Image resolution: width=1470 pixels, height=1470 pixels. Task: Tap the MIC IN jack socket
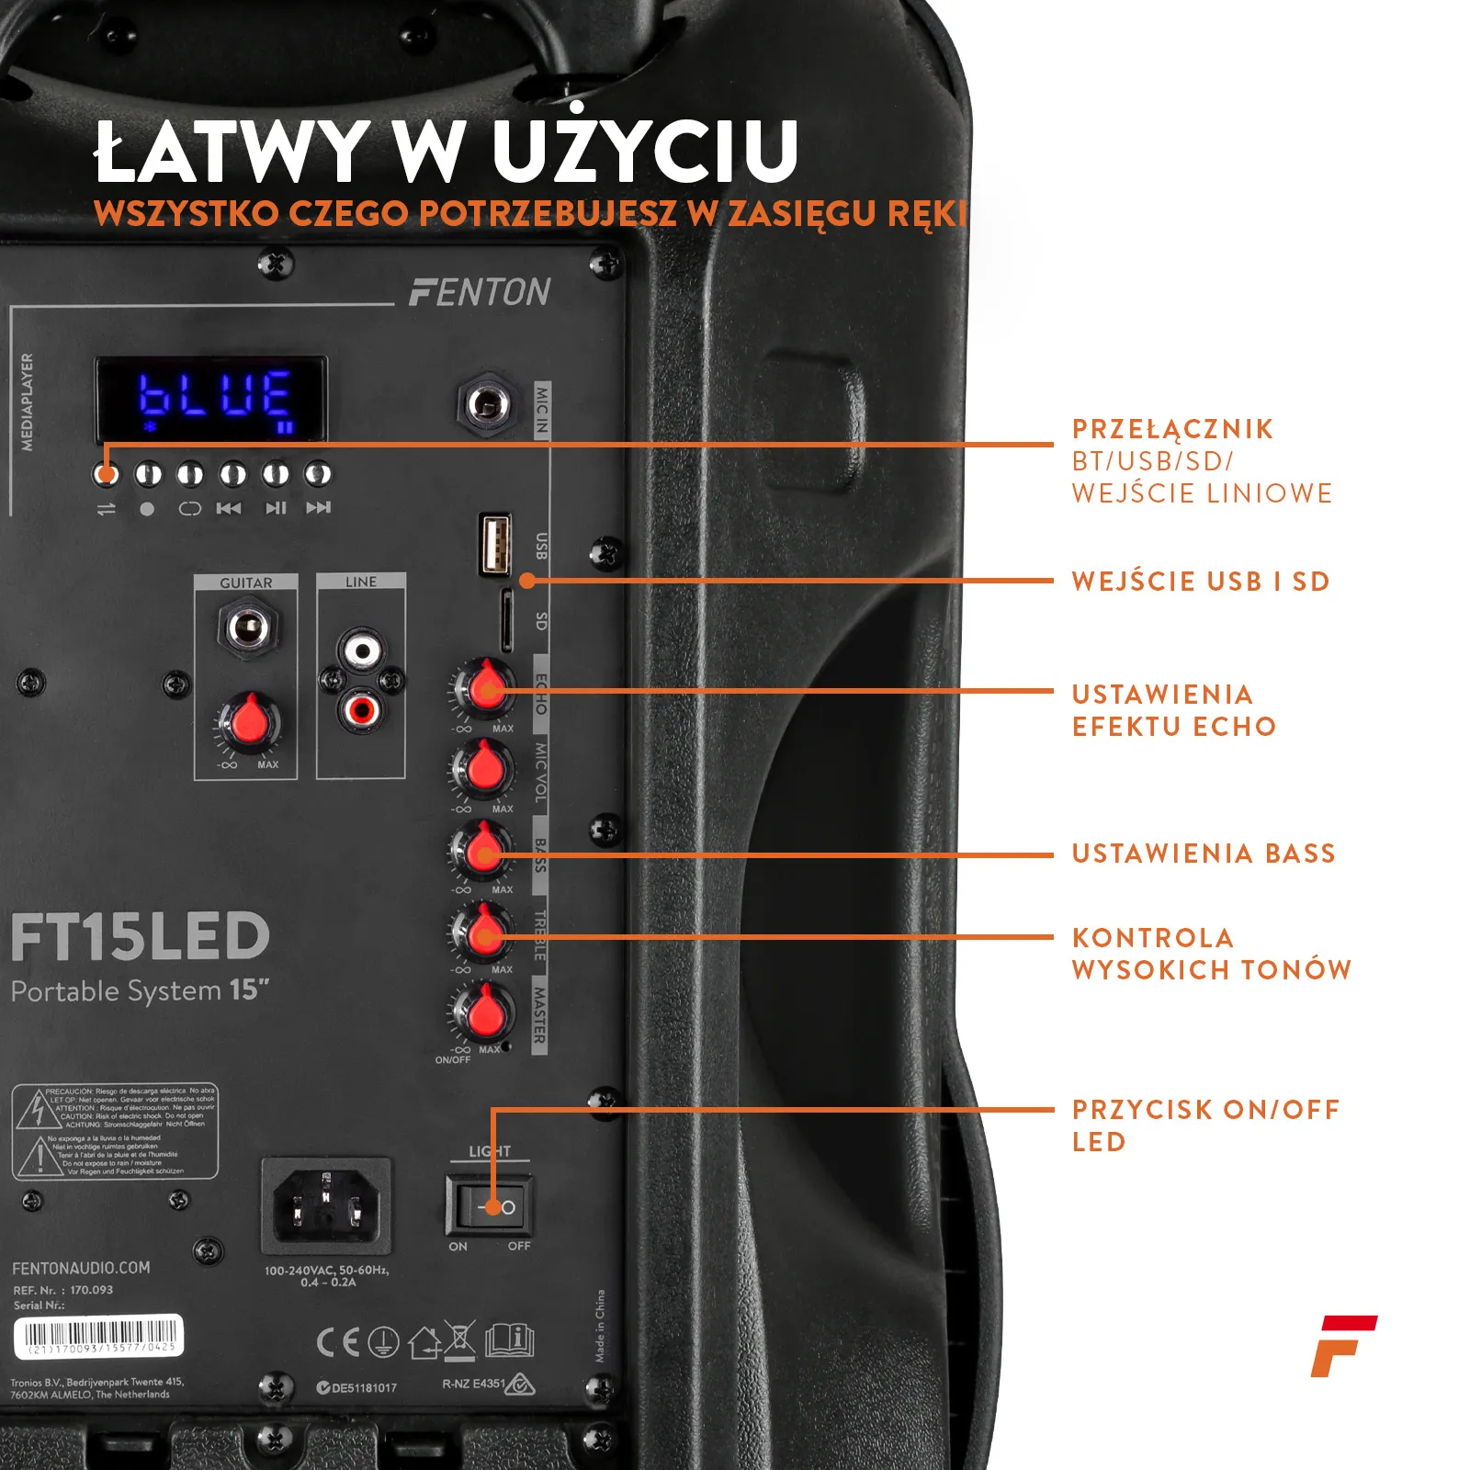(x=488, y=403)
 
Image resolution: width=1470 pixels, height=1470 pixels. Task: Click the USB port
(x=495, y=544)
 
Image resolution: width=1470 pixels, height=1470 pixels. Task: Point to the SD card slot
(x=506, y=619)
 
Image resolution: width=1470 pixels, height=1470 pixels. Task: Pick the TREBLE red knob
(x=482, y=932)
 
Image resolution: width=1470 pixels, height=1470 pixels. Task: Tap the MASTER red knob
(x=483, y=1012)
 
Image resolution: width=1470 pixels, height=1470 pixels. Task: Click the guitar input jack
(x=248, y=628)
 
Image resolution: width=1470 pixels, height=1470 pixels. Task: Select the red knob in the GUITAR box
(x=248, y=722)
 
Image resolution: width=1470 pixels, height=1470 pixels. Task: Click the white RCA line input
(x=362, y=651)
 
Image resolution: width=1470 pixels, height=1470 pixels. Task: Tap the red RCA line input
(x=361, y=708)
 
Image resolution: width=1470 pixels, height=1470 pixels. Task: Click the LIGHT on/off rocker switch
(x=488, y=1205)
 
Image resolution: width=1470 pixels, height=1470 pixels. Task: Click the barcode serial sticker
(x=98, y=1336)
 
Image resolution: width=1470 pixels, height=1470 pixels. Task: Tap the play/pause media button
(x=276, y=475)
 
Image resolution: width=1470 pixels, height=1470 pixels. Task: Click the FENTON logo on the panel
(x=480, y=292)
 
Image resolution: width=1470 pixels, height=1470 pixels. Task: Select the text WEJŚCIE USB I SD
(x=1200, y=582)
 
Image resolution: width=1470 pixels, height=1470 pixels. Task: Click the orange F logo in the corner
(x=1342, y=1346)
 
